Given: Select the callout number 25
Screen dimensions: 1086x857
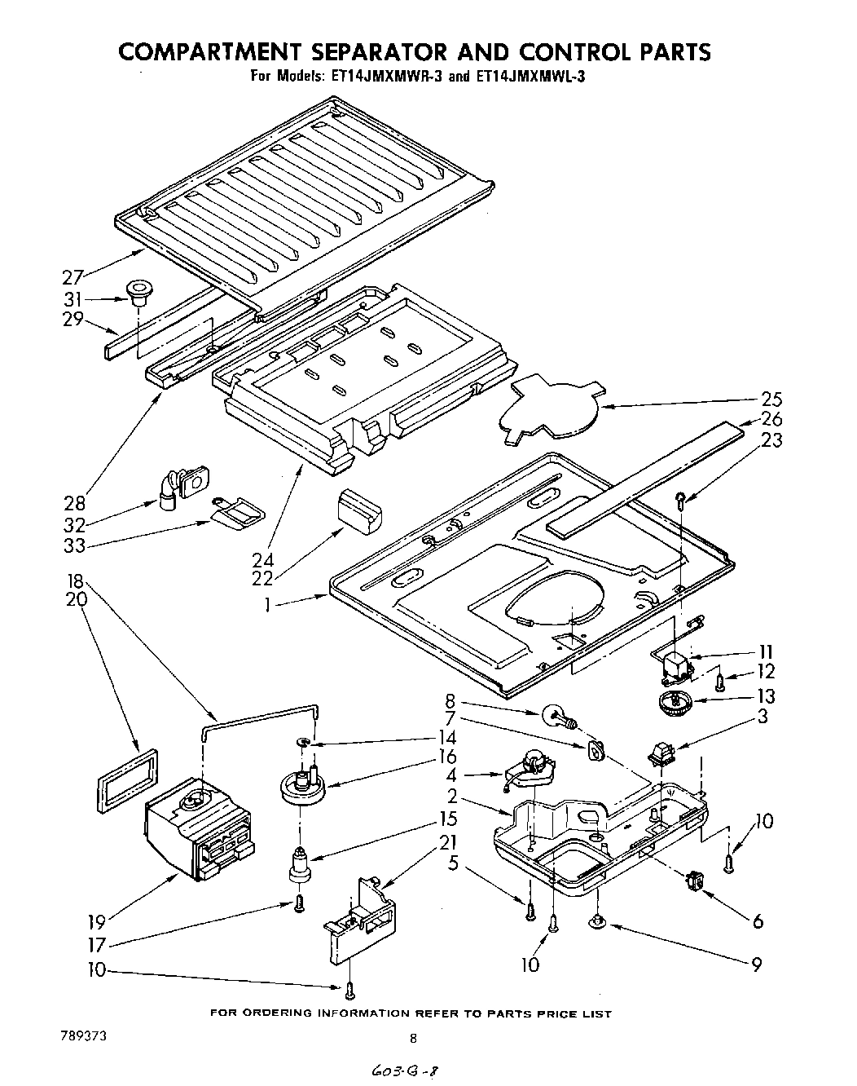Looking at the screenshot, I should pos(771,399).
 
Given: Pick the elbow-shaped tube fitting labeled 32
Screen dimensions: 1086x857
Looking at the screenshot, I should pos(172,490).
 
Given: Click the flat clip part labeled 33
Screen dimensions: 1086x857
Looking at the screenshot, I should pos(236,514).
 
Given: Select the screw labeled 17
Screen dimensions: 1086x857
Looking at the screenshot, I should pos(299,903).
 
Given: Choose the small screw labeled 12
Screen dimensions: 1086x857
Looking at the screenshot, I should pos(719,682).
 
